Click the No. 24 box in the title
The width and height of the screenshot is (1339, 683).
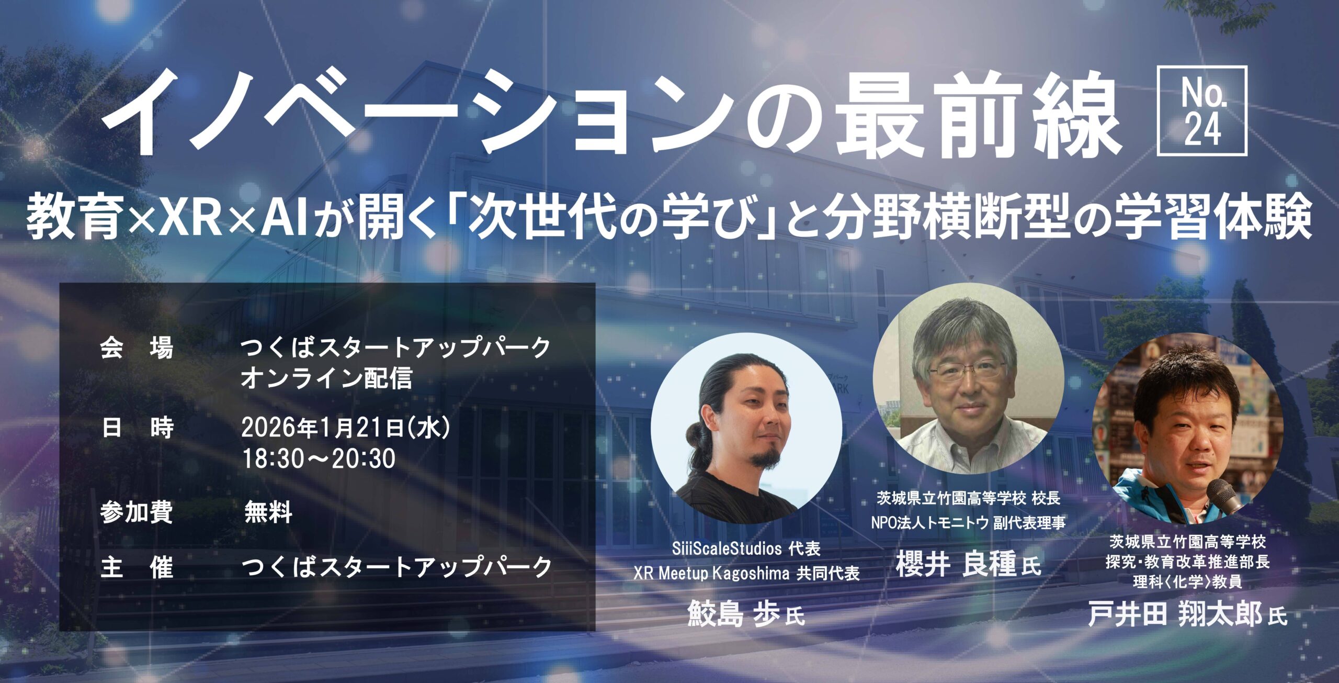pyautogui.click(x=1201, y=110)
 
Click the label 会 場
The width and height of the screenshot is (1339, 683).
pyautogui.click(x=137, y=348)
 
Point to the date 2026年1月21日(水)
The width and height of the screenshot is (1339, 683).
pyautogui.click(x=346, y=428)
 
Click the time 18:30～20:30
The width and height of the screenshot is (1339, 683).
pyautogui.click(x=319, y=458)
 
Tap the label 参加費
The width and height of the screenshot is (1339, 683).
pyautogui.click(x=137, y=512)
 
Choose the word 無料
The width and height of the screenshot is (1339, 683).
pyautogui.click(x=268, y=512)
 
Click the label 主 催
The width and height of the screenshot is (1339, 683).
pyautogui.click(x=137, y=567)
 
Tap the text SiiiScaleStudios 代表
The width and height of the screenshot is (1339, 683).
pyautogui.click(x=746, y=548)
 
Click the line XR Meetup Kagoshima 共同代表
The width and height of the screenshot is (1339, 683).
pyautogui.click(x=746, y=574)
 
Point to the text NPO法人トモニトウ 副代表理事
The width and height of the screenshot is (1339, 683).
pyautogui.click(x=968, y=522)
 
